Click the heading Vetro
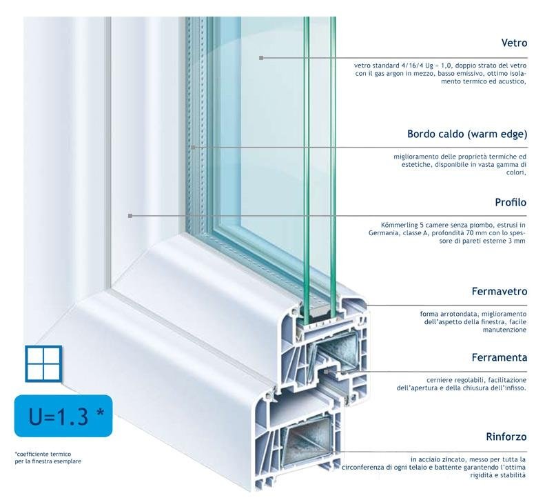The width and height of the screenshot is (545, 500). [x=514, y=43]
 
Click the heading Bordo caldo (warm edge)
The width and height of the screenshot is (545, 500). [x=467, y=134]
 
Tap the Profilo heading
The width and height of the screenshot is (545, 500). [x=511, y=202]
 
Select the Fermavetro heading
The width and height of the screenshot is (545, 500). [x=499, y=291]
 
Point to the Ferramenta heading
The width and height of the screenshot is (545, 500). [x=499, y=357]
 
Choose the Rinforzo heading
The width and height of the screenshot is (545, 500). [x=506, y=437]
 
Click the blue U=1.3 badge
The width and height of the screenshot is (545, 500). [x=63, y=416]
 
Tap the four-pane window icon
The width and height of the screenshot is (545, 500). [x=44, y=363]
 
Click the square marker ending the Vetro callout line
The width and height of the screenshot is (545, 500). [x=261, y=58]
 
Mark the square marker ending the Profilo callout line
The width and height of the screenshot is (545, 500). [x=130, y=216]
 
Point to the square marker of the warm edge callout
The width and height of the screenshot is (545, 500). [x=194, y=147]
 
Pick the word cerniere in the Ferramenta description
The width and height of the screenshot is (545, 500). [x=438, y=380]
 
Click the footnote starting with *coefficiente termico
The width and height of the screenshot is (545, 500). [x=48, y=457]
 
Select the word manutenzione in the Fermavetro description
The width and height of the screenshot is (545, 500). [x=504, y=330]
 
